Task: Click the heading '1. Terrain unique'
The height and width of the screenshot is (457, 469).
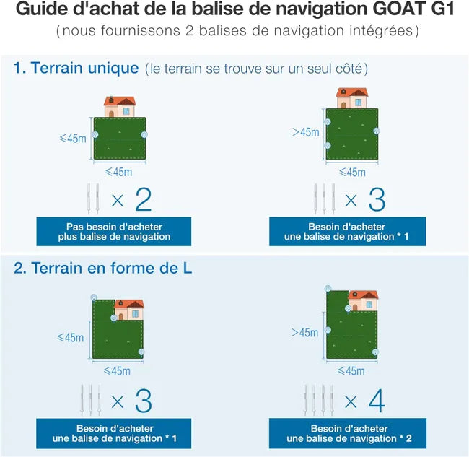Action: pos(76,69)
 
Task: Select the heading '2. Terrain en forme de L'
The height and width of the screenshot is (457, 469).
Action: pos(102,268)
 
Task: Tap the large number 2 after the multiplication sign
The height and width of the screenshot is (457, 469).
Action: pos(143,199)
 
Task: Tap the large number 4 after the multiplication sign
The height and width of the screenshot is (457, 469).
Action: pos(375,401)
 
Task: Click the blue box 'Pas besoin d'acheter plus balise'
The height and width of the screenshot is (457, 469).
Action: pos(114,231)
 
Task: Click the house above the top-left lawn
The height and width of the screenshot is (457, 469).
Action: pos(120,107)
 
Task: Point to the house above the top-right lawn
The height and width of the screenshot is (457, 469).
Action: pos(352,98)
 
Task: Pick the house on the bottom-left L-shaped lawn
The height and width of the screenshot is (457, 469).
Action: pos(128,310)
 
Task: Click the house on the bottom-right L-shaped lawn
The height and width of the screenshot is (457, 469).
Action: pos(362,301)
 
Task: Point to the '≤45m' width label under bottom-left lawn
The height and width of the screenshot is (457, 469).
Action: pos(118,371)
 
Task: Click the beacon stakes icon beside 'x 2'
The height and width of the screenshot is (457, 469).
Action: pos(93,200)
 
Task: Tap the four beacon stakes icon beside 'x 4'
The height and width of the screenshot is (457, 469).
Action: pos(320,401)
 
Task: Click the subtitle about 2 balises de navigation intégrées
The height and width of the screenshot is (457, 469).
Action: pos(234,32)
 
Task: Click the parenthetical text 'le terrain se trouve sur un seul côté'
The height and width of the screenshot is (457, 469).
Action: pos(256,69)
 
